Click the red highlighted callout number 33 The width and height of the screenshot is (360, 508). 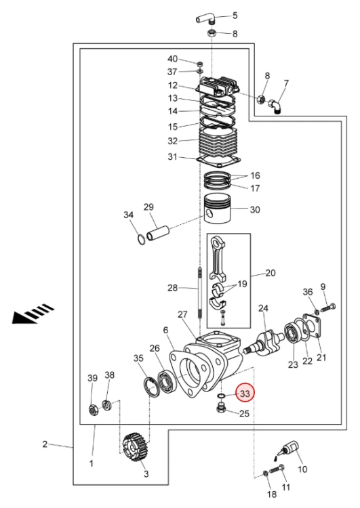point(245,394)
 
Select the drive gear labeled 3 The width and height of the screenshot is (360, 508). point(136,448)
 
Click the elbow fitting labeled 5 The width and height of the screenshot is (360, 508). point(205,19)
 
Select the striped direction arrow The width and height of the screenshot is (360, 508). point(33,314)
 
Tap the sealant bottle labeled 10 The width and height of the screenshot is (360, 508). point(288,449)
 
